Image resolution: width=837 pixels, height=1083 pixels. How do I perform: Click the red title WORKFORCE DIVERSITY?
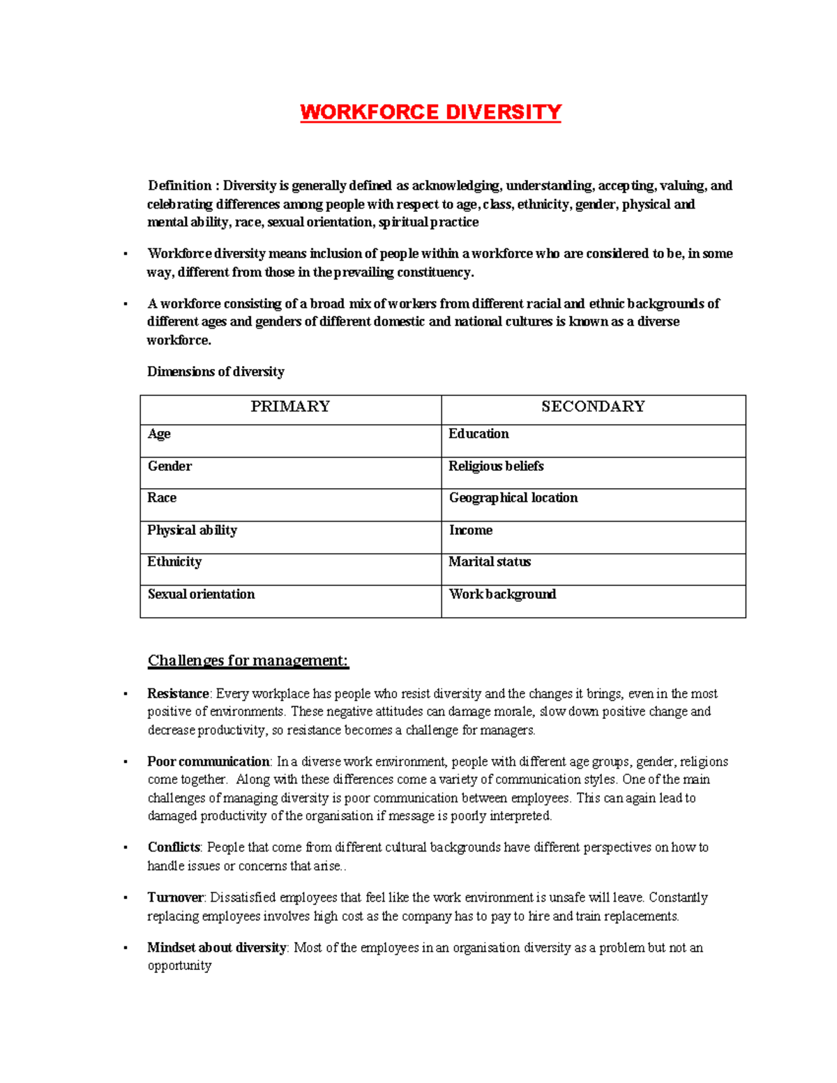click(430, 112)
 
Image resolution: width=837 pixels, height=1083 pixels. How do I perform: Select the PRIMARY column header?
click(290, 407)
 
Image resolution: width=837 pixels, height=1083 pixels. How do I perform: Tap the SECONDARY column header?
click(593, 407)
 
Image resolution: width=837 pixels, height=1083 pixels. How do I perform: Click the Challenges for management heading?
click(248, 660)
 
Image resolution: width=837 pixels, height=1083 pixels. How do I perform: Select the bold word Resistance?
click(178, 694)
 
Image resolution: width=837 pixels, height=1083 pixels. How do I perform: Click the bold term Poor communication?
click(208, 762)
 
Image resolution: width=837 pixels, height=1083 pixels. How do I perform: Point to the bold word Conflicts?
click(174, 847)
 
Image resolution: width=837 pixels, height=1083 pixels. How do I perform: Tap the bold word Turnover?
click(175, 898)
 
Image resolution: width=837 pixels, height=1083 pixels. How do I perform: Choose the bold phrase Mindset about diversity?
click(216, 948)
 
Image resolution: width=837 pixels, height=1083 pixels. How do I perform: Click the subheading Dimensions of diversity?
click(216, 372)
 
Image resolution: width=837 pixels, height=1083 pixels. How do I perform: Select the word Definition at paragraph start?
click(179, 185)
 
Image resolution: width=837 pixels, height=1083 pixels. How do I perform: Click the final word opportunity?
click(179, 966)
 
